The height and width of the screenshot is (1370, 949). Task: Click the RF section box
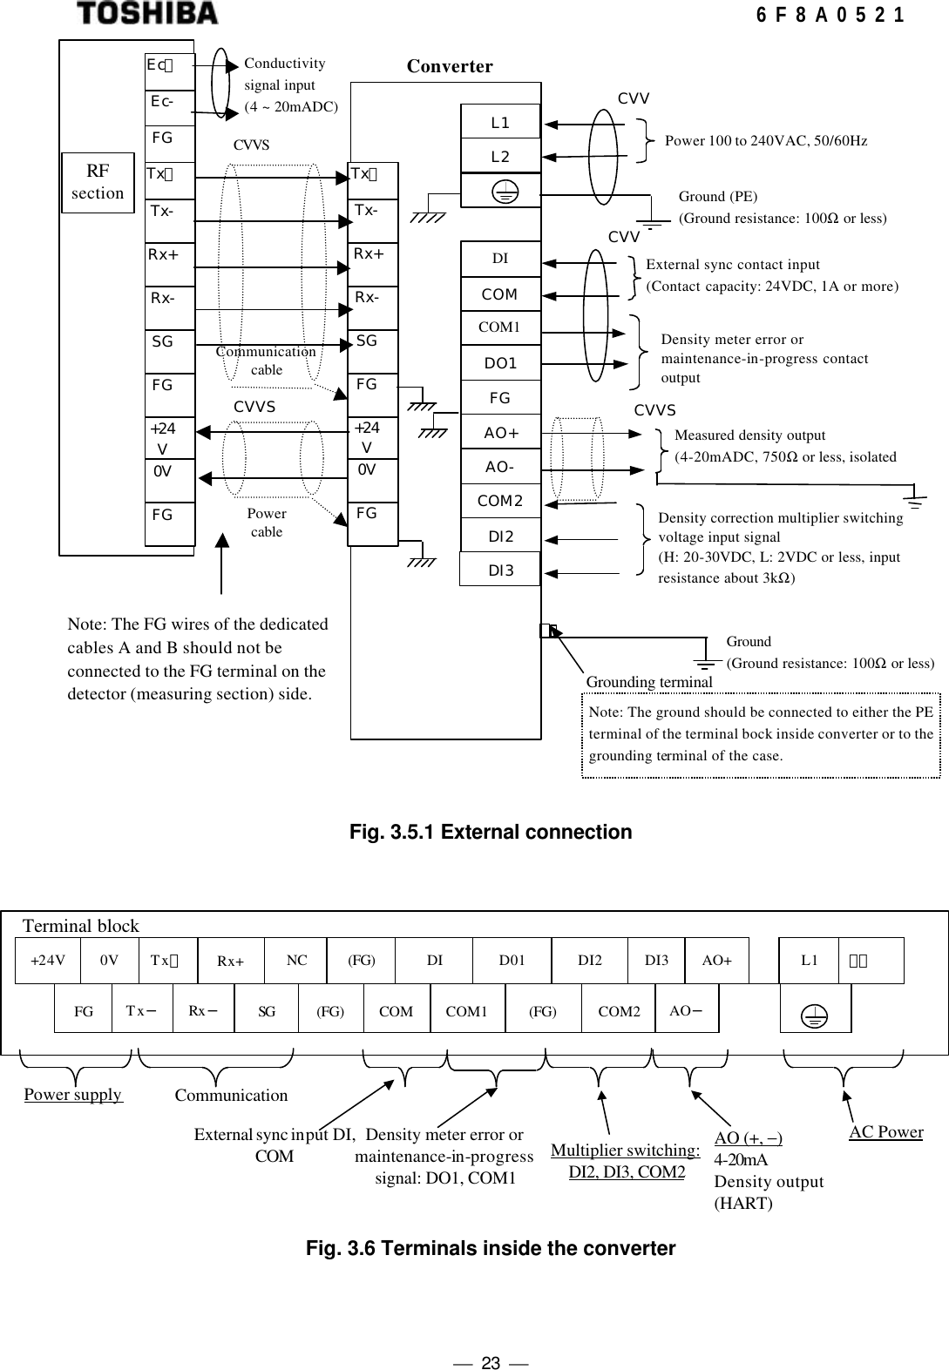coord(98,183)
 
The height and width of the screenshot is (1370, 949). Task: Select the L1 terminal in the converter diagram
coord(500,123)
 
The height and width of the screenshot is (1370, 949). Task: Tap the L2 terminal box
coord(500,157)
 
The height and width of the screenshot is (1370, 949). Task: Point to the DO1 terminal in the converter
coord(500,363)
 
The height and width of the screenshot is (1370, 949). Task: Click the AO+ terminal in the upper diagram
coord(500,433)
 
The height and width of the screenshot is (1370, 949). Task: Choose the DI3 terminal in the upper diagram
coord(500,570)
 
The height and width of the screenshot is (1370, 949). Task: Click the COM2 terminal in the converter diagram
coord(500,502)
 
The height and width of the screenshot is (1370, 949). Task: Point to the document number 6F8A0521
coord(829,15)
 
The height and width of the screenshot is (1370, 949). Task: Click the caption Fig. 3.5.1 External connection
coord(491,833)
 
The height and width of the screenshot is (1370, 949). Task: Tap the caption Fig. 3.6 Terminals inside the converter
coord(491,1249)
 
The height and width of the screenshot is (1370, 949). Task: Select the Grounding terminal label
coord(649,681)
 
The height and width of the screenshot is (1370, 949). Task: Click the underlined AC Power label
coord(885,1132)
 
